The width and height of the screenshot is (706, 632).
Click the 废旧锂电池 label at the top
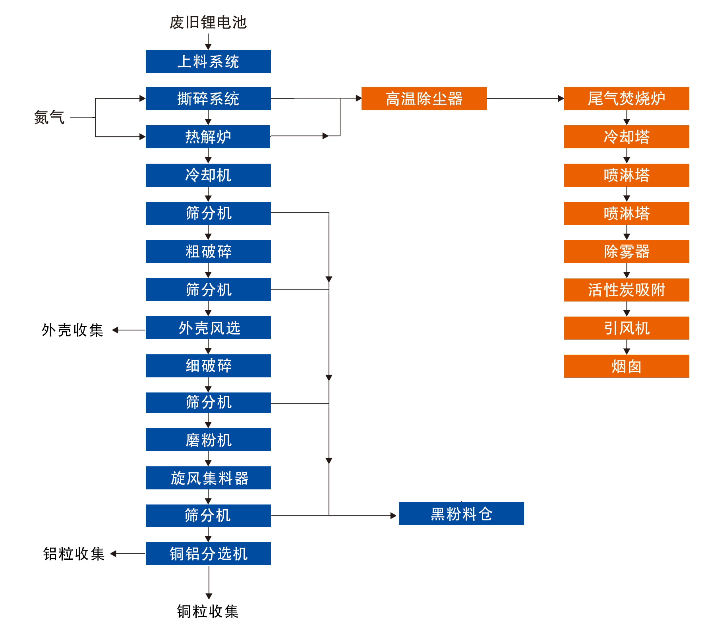point(208,22)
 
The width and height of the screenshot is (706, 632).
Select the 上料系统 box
point(208,62)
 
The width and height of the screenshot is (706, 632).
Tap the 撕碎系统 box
point(208,99)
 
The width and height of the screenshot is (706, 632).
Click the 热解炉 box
point(208,137)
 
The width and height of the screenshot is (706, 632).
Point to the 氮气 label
point(49,118)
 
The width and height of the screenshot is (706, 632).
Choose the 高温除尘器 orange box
point(424,99)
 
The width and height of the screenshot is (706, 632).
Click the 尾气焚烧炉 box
point(627,99)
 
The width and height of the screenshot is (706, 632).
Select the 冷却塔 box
point(627,137)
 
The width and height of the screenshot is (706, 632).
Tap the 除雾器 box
point(627,251)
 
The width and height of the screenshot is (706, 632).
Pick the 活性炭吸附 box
point(627,290)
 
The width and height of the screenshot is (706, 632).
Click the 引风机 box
point(627,328)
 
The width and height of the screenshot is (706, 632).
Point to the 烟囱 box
point(627,366)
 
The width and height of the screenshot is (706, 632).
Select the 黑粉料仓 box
point(461,514)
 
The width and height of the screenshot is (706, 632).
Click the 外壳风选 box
point(208,328)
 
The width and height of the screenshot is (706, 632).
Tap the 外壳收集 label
point(72,330)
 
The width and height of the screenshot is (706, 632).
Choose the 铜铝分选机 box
point(208,554)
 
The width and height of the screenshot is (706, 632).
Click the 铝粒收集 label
point(74,554)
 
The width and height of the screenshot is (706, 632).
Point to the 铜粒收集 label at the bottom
point(208,611)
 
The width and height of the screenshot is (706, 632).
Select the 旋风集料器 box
point(208,478)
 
